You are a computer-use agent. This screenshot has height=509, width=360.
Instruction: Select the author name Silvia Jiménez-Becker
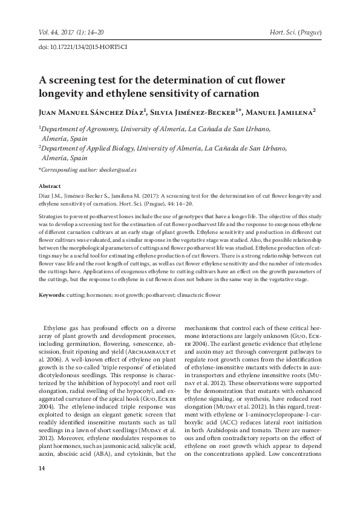click(x=197, y=112)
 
